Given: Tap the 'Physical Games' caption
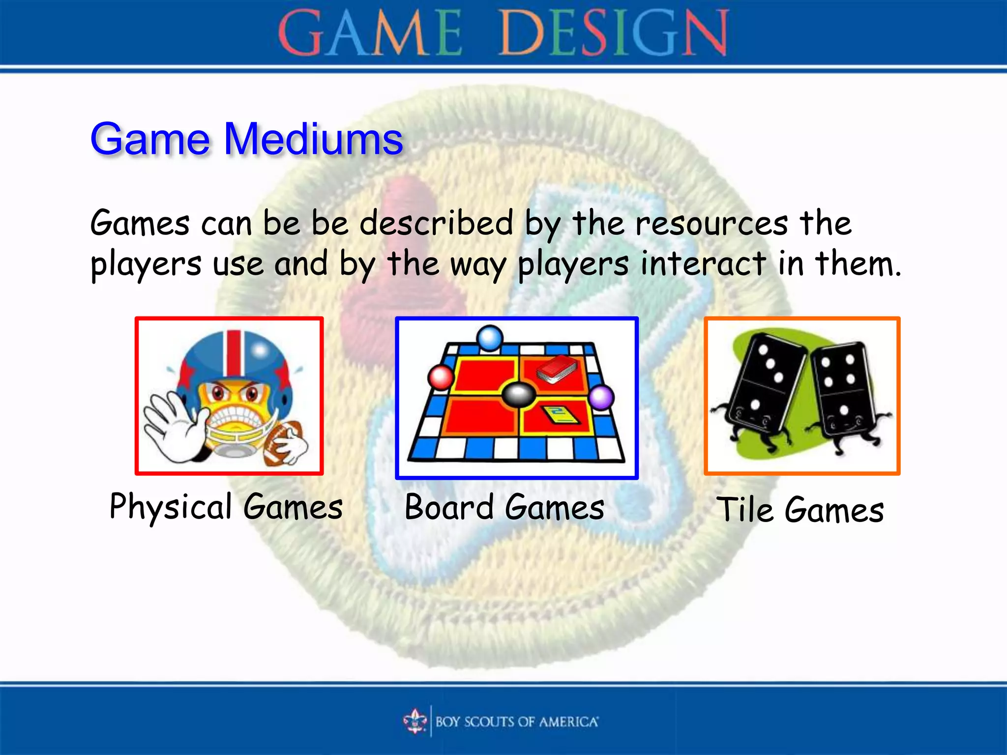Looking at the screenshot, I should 226,507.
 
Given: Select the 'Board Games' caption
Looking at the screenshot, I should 504,507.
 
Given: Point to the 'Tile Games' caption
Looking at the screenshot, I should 800,510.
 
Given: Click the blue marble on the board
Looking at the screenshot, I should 490,338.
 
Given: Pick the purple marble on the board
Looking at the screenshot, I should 601,397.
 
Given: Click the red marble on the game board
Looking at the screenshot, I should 441,377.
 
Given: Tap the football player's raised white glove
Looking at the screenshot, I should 172,427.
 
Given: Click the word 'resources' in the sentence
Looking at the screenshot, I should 711,224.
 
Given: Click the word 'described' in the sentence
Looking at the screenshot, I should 437,224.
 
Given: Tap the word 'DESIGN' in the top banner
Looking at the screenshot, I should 614,33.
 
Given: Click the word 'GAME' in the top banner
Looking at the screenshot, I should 370,33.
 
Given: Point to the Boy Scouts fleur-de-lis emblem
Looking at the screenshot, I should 415,721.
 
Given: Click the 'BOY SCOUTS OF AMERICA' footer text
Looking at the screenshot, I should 517,722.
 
